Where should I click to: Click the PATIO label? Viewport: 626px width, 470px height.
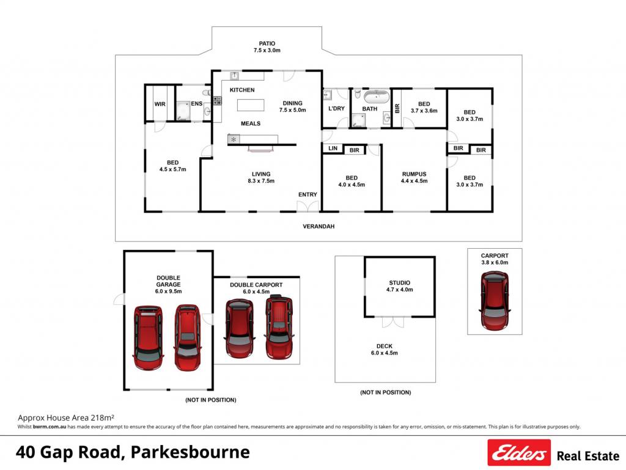[267, 43]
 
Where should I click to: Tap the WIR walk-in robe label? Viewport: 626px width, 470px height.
[160, 104]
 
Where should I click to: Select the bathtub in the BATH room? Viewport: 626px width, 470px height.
[376, 97]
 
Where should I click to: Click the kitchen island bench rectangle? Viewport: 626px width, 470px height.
[251, 105]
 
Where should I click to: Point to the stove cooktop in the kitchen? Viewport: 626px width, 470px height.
[217, 101]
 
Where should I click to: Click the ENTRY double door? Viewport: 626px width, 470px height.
[308, 206]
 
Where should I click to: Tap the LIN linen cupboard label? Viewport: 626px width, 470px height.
[333, 149]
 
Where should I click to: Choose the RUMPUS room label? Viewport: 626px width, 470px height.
[414, 174]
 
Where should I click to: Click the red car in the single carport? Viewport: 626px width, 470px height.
[495, 301]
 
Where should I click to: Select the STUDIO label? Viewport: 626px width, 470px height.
[400, 283]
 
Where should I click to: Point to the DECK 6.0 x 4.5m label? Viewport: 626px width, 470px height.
[385, 350]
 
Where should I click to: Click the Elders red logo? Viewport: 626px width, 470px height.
[519, 452]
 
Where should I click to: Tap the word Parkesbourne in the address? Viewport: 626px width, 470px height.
[191, 452]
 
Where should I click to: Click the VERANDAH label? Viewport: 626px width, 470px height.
[319, 226]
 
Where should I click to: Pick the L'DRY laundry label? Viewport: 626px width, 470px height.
[337, 109]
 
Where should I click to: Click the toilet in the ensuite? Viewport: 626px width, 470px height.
[207, 93]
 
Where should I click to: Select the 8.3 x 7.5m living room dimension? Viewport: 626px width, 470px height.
[261, 181]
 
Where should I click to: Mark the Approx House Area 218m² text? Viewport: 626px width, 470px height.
[66, 417]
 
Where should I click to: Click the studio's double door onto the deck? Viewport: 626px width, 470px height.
[393, 321]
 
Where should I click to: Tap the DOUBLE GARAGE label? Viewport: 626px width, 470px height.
[169, 281]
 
